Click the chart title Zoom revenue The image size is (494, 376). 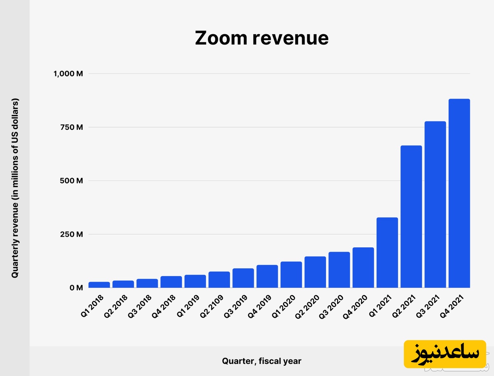point(262,38)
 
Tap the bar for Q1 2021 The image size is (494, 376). point(387,252)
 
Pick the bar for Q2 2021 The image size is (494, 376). point(411,216)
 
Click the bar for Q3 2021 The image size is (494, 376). point(435,204)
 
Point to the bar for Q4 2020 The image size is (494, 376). point(363,267)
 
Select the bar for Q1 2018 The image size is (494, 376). point(99,284)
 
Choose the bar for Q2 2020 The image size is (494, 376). point(315,272)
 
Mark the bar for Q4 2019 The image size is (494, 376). point(267,276)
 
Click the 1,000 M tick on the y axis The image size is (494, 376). point(68,74)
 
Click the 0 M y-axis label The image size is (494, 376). point(76,287)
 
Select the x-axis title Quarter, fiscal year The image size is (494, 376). point(262,361)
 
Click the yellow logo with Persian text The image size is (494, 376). point(445,354)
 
